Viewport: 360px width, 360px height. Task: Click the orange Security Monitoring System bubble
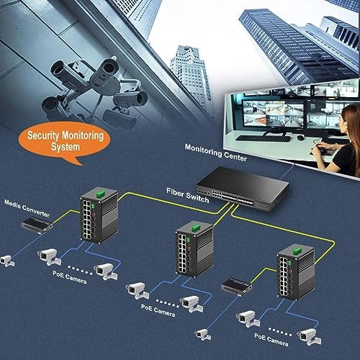point(65,140)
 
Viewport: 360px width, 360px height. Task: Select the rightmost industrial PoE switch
point(294,274)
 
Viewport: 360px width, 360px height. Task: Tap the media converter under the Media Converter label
point(32,226)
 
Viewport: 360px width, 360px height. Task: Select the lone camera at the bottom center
point(202,333)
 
